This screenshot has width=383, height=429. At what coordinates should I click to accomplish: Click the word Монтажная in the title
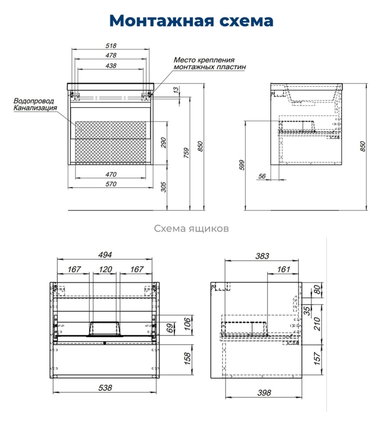(161, 21)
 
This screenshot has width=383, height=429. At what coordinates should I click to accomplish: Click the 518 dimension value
(111, 45)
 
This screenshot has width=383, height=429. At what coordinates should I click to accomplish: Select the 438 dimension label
(111, 66)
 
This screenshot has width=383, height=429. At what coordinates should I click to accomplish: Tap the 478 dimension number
(111, 55)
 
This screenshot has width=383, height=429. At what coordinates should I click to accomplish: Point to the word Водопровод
(34, 101)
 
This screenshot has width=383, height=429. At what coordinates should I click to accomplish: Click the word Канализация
(35, 108)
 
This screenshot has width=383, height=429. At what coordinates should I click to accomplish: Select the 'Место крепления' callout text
(204, 60)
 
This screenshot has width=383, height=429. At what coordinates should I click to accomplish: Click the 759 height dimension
(186, 153)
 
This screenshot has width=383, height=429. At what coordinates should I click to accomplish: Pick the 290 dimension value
(163, 143)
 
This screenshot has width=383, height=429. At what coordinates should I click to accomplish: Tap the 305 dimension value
(163, 187)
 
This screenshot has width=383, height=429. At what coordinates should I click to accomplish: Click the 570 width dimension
(111, 184)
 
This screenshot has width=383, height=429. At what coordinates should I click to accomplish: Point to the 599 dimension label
(242, 165)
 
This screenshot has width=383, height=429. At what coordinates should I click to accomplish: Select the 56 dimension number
(262, 176)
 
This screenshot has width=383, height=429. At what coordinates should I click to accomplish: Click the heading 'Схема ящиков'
(191, 228)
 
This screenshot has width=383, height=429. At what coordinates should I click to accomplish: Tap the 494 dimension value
(105, 255)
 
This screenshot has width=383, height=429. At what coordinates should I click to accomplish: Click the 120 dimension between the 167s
(105, 270)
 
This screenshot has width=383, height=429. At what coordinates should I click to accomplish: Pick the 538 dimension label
(105, 388)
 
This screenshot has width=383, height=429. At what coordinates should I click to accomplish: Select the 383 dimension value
(262, 256)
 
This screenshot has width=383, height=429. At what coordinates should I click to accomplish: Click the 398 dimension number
(264, 393)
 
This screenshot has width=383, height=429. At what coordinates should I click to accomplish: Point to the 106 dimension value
(187, 324)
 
